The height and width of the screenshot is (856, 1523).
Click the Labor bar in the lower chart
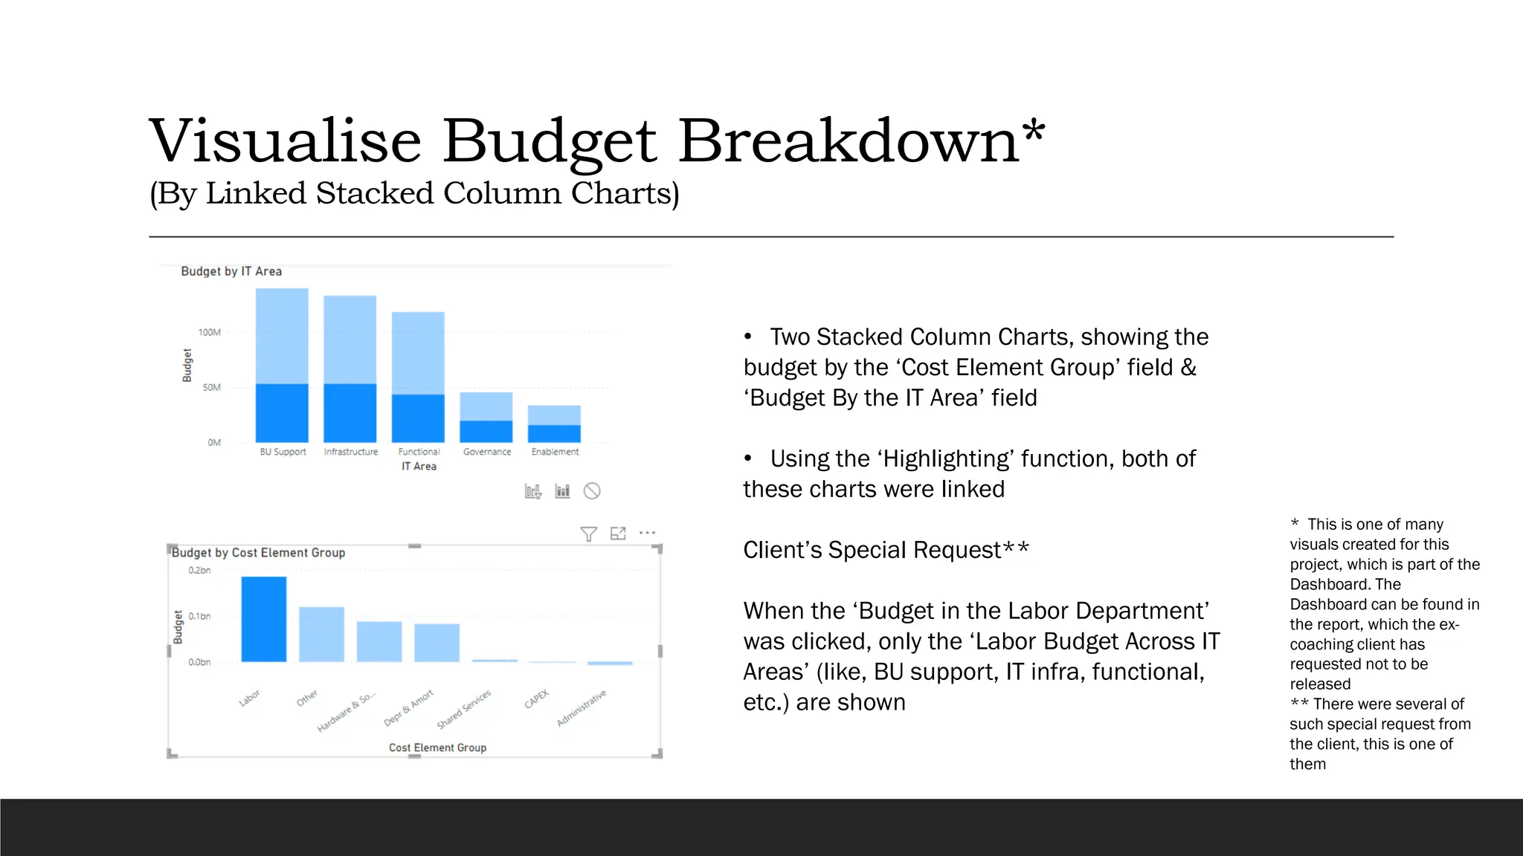pos(263,619)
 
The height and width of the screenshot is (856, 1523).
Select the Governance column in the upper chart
pos(486,418)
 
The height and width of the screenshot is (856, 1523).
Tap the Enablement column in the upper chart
pos(554,424)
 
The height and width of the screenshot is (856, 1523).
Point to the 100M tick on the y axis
pos(209,332)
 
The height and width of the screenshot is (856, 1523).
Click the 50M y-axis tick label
pos(211,387)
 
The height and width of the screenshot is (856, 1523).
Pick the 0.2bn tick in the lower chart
pos(199,571)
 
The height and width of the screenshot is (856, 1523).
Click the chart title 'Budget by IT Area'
pos(231,272)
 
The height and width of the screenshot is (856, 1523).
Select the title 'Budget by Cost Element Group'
pos(258,553)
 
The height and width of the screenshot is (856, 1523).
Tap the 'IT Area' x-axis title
pos(419,467)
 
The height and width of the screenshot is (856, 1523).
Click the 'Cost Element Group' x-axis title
pos(437,748)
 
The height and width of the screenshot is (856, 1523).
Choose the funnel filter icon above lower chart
pos(588,534)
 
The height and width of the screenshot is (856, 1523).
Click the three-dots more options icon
pos(648,533)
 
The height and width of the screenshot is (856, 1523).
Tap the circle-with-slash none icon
pos(592,491)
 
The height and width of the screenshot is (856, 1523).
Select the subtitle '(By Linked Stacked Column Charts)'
pos(414,194)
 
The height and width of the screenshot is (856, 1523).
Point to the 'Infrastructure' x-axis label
pos(351,452)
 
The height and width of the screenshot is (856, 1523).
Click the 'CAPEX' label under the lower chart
pos(536,699)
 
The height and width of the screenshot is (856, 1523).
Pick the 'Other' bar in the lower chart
pos(321,634)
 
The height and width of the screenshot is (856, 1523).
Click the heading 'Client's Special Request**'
pos(886,550)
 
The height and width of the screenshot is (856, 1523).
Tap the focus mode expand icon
pos(618,534)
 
